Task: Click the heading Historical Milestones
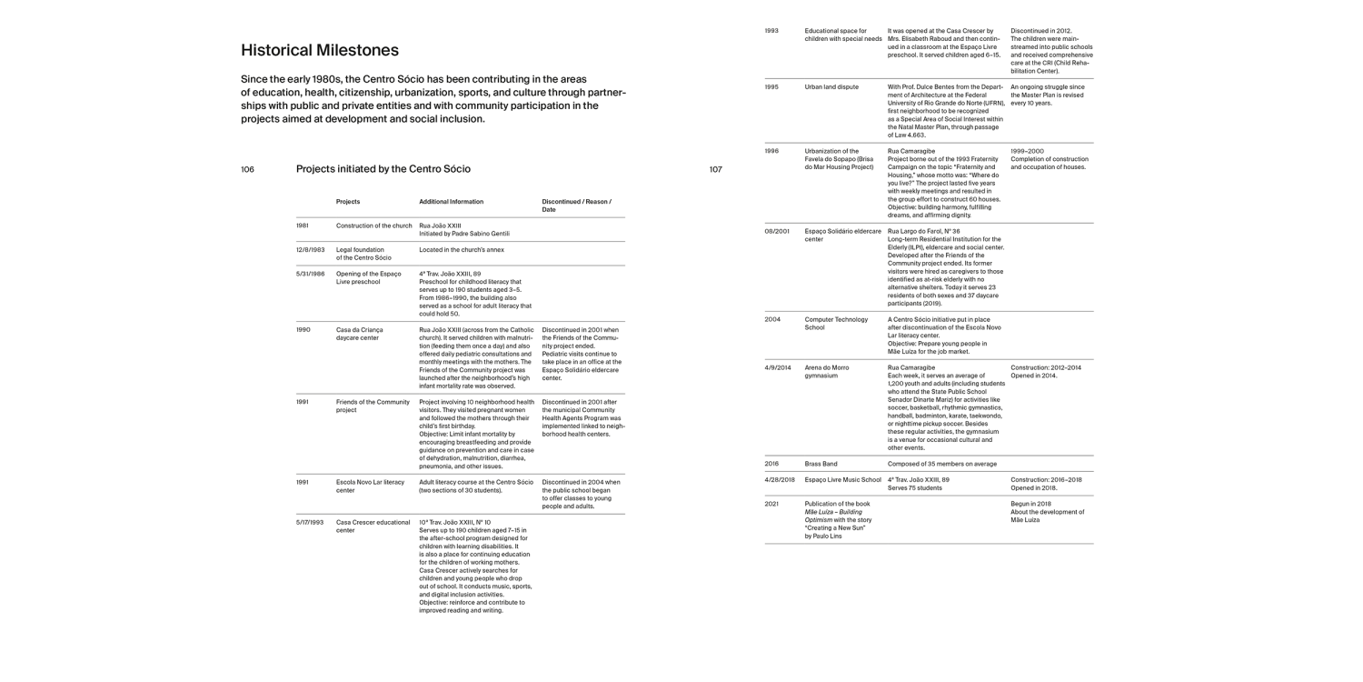[x=320, y=50]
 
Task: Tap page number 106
[x=248, y=169]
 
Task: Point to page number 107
[x=715, y=169]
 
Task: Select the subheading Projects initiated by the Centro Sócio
[x=383, y=169]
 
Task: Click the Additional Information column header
[x=452, y=202]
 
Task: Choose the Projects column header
[x=348, y=202]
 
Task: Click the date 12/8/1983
[x=310, y=249]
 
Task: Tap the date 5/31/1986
[x=310, y=274]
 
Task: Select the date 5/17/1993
[x=310, y=523]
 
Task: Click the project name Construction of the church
[x=374, y=226]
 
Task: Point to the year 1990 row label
[x=303, y=329]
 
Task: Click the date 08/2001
[x=777, y=231]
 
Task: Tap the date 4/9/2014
[x=778, y=367]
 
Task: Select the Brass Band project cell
[x=821, y=464]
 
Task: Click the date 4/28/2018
[x=780, y=479]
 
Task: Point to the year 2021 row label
[x=771, y=503]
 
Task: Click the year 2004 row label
[x=771, y=320]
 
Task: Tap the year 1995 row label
[x=771, y=87]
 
